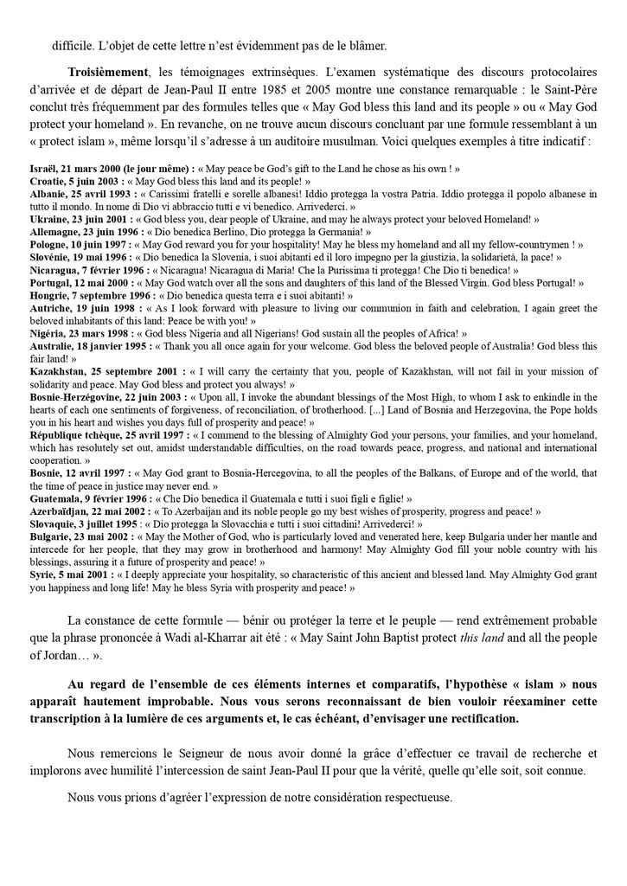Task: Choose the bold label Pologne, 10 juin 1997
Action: click(x=79, y=245)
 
